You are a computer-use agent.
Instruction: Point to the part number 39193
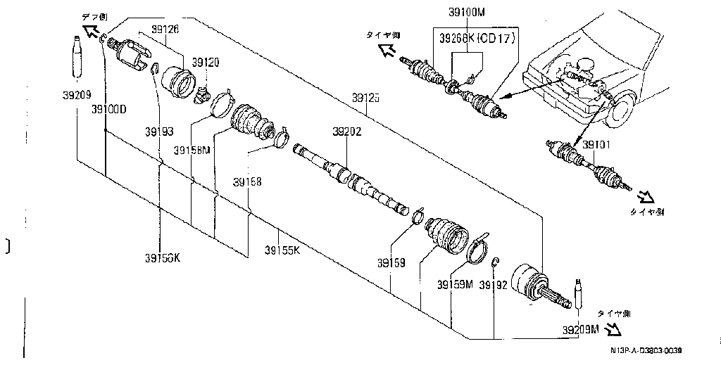(x=159, y=132)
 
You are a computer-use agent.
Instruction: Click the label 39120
(x=206, y=63)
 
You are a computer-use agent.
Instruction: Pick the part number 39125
(x=365, y=99)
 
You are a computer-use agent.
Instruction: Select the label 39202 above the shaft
(x=347, y=132)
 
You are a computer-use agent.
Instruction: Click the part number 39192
(x=493, y=285)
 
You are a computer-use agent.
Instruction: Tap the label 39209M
(x=580, y=328)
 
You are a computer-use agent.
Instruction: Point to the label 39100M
(x=467, y=11)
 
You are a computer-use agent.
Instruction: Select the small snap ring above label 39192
(x=496, y=262)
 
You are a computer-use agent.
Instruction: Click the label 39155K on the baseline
(x=282, y=250)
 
